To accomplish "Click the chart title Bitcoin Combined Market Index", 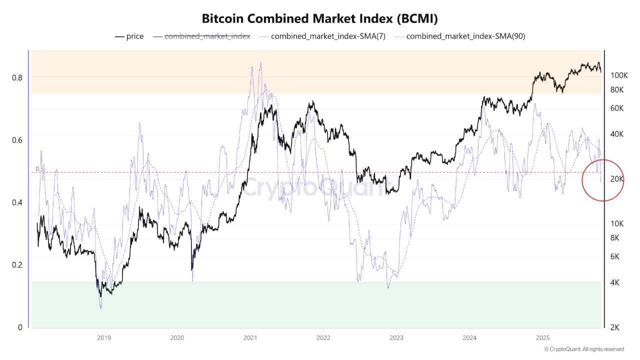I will point(320,19).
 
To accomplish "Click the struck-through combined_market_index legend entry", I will point(207,36).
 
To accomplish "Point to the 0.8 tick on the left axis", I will point(17,77).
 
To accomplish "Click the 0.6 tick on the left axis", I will point(17,140).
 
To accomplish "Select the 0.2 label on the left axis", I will point(17,265).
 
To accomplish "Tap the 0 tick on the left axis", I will point(20,327).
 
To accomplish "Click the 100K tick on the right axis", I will point(619,75).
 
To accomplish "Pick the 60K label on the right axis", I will point(617,108).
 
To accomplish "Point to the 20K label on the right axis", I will point(617,179).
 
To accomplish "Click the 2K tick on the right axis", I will point(615,327).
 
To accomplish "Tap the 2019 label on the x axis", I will point(103,337).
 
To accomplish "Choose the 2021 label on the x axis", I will point(249,337).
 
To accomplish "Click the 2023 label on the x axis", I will point(396,337).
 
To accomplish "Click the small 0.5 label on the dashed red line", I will point(39,169).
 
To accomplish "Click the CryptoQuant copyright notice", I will point(583,349).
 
